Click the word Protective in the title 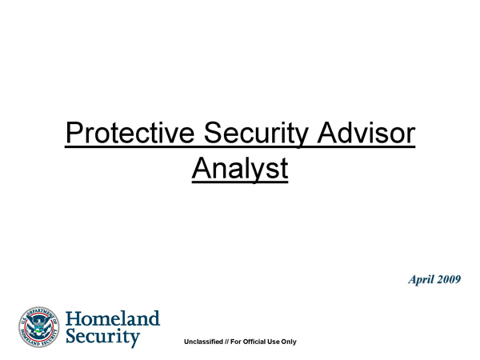click(x=130, y=133)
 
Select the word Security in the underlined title click(x=256, y=134)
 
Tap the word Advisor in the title click(x=366, y=132)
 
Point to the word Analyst click(x=240, y=169)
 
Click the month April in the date click(x=422, y=279)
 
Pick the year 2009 click(x=449, y=279)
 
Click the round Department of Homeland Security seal click(x=39, y=327)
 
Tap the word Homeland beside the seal click(x=113, y=318)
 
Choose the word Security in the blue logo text click(x=103, y=337)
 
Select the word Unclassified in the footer click(x=203, y=342)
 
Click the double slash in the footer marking click(x=226, y=342)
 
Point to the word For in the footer click(x=236, y=342)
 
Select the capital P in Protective click(x=74, y=133)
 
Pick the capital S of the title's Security click(x=213, y=133)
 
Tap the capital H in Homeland click(x=74, y=318)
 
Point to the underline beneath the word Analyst click(x=240, y=182)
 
